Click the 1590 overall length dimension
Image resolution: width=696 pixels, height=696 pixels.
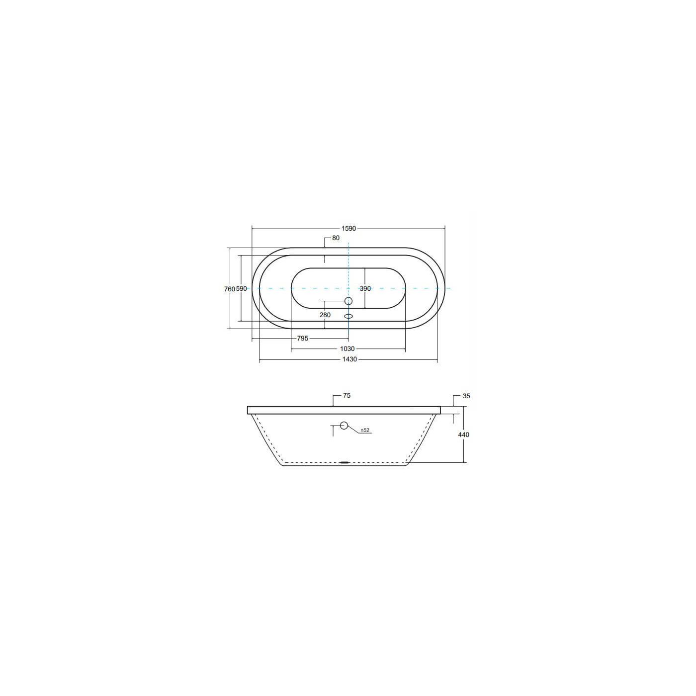point(348,228)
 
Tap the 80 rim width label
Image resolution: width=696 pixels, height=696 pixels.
point(336,238)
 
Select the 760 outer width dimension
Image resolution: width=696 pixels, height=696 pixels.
point(229,289)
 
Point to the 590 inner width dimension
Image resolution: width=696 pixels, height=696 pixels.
point(241,289)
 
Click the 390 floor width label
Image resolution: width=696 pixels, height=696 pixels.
point(365,288)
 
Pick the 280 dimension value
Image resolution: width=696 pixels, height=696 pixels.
point(325,315)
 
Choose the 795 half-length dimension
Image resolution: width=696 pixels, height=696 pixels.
point(303,339)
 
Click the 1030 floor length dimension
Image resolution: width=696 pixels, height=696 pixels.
point(348,349)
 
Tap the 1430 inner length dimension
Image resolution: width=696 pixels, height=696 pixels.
point(349,359)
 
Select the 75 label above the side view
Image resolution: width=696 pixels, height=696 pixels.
point(347,396)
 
